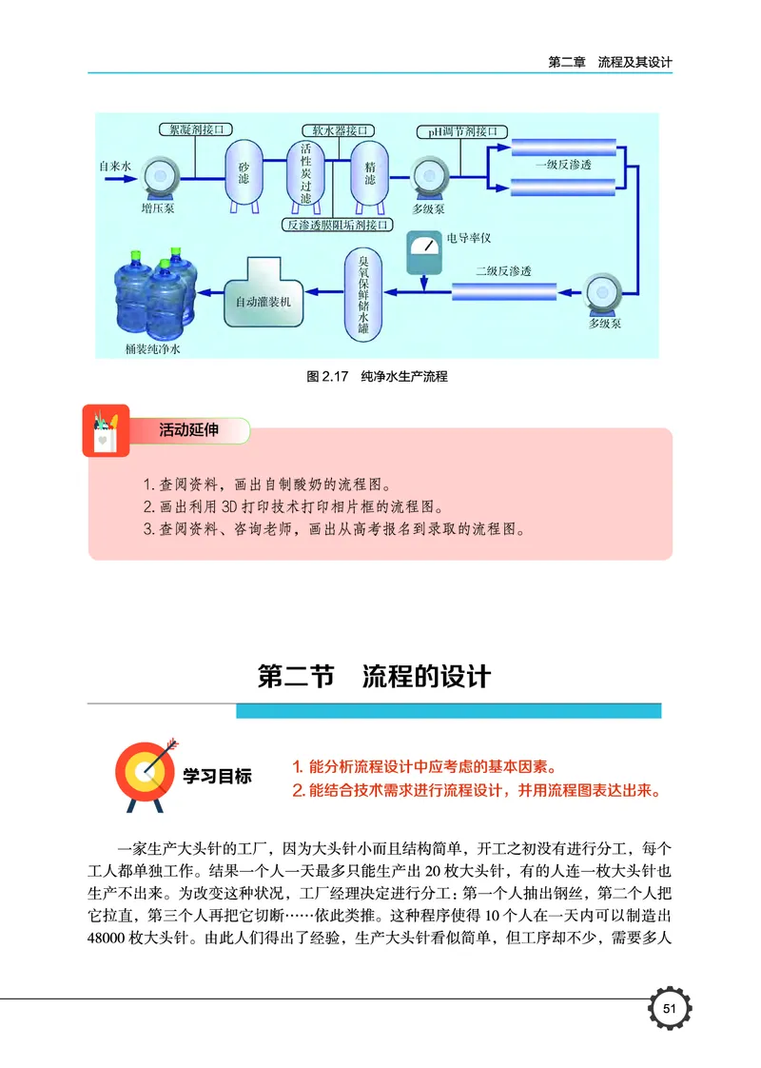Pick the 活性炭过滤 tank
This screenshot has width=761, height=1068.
(305, 173)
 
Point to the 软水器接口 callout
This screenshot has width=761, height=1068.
(337, 129)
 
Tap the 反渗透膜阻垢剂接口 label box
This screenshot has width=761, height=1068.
(339, 226)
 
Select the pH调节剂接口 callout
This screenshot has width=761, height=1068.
(458, 130)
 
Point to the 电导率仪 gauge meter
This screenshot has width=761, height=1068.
(424, 254)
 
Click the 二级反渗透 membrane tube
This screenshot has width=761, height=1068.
(504, 289)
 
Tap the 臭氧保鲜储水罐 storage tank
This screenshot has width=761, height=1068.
(362, 293)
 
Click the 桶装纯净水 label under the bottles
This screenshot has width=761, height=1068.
(153, 349)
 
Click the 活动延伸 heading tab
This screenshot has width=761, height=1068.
(188, 431)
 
